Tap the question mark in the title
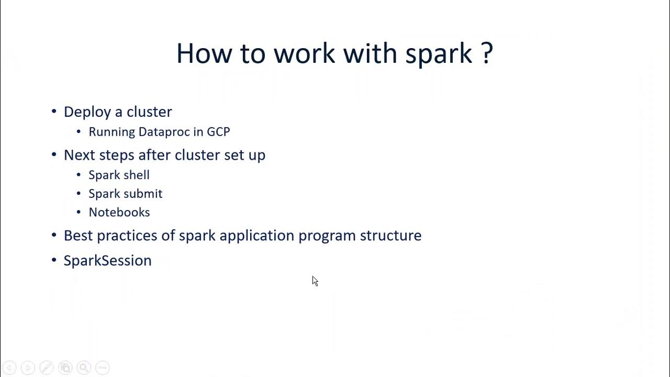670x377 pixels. [x=486, y=52]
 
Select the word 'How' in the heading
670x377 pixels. [x=204, y=53]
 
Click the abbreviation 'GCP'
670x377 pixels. [x=218, y=131]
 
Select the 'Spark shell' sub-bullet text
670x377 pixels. [x=119, y=175]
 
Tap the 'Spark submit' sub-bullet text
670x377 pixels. [x=125, y=194]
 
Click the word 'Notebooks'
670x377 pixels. [x=119, y=212]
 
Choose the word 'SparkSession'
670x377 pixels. [x=107, y=260]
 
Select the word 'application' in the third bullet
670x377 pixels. [x=256, y=236]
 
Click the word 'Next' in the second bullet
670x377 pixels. [x=79, y=155]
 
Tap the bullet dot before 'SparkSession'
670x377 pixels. [x=54, y=260]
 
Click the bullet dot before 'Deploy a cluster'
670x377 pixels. [x=54, y=111]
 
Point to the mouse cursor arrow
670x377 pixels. [x=315, y=281]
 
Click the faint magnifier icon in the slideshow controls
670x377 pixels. [x=84, y=368]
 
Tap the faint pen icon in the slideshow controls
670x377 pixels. [x=47, y=368]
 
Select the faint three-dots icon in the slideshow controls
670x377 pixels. [x=103, y=368]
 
